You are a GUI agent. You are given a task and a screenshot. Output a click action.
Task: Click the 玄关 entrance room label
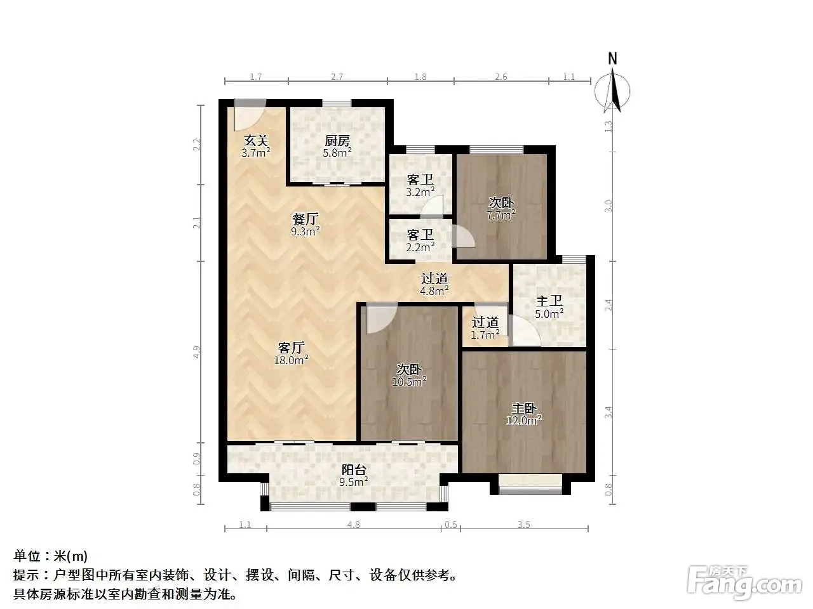255,140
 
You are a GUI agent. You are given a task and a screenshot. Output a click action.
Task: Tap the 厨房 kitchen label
337,140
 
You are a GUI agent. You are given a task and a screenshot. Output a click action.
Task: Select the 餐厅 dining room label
306,219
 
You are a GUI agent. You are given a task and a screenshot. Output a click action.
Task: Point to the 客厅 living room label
291,348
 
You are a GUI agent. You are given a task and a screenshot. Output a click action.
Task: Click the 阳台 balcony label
354,470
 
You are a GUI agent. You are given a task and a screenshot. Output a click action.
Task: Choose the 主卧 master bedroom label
524,408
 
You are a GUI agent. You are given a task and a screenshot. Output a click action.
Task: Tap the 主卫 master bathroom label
549,301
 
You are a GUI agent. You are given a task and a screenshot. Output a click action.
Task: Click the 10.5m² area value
409,381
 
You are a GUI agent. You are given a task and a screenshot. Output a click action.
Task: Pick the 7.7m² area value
501,214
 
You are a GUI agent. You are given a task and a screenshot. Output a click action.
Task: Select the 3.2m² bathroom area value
420,192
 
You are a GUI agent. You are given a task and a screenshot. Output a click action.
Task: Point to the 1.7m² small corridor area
485,335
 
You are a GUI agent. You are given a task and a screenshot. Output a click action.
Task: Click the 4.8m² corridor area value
434,291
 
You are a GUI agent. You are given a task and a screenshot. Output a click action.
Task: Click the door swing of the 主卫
524,331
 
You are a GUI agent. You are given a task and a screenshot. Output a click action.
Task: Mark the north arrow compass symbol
612,91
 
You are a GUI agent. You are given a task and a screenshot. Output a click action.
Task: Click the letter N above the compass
613,59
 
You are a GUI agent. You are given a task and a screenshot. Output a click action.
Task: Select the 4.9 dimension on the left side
197,351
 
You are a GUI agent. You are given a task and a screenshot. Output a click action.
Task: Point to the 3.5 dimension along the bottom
524,525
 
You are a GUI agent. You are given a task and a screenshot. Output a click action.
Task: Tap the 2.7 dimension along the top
337,77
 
